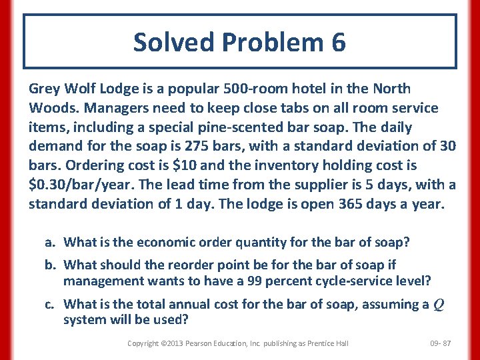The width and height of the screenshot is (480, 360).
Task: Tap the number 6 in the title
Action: [x=337, y=43]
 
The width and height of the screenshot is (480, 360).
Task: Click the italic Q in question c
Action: [x=439, y=305]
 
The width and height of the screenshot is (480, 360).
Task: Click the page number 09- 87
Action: [x=441, y=343]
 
